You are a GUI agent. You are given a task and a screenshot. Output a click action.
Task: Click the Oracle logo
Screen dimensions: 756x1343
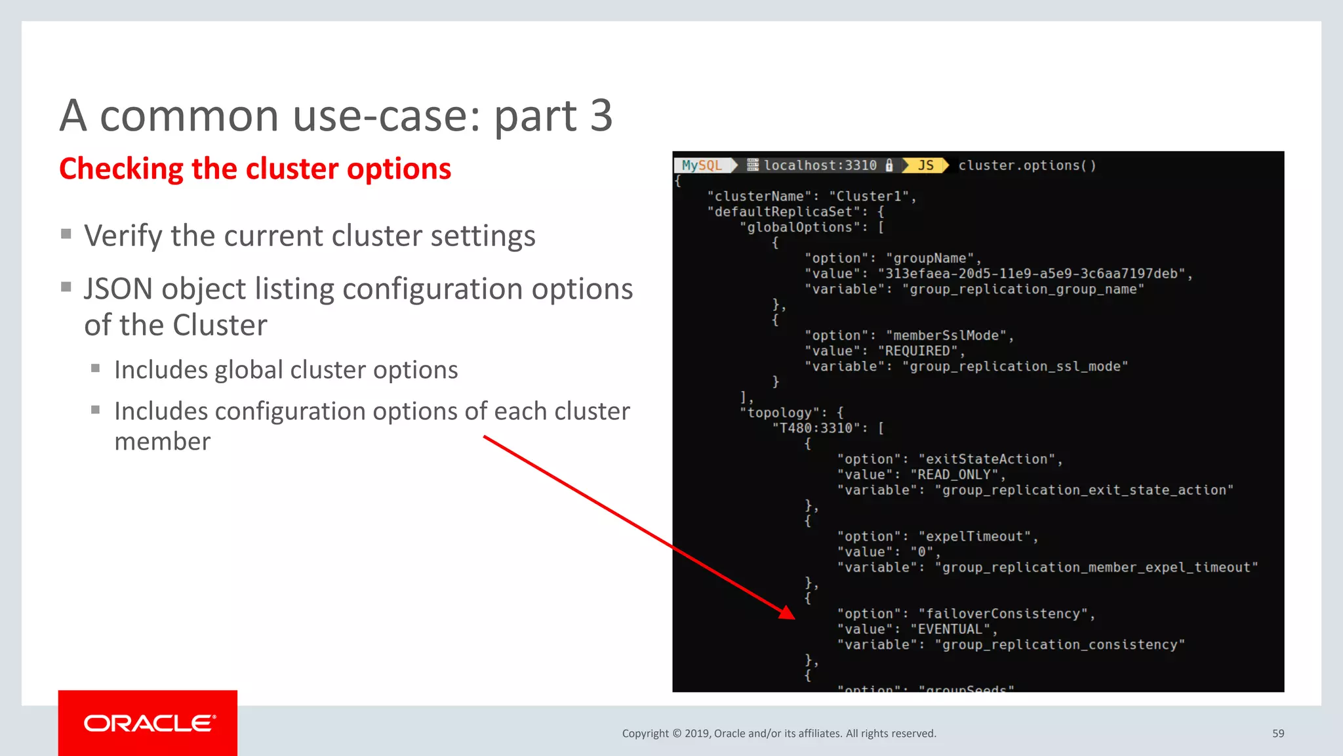point(148,723)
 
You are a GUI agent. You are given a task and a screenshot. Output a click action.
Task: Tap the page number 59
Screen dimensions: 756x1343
point(1278,734)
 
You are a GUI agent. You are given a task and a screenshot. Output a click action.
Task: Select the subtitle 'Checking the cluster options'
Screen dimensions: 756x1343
point(255,169)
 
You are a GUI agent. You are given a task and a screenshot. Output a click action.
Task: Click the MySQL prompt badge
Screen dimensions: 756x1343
point(702,165)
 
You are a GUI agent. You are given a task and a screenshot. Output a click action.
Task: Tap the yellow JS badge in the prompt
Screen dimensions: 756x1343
point(925,165)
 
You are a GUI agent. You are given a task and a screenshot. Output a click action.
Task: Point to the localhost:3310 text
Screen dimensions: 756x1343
point(820,165)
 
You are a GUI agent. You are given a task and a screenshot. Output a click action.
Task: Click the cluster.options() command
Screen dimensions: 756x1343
point(1027,165)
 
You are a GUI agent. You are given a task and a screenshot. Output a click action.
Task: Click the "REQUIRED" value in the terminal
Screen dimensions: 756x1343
point(917,351)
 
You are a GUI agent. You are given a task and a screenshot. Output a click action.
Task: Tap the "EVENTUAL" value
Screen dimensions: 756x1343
point(950,629)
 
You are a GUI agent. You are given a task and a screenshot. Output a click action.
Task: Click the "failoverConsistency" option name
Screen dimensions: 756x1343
point(1003,614)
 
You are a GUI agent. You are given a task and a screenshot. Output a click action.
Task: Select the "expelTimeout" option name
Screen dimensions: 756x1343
point(974,536)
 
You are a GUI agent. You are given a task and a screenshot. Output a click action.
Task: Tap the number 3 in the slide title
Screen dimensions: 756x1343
point(601,115)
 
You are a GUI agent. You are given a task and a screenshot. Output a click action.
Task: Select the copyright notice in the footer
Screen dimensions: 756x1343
point(779,734)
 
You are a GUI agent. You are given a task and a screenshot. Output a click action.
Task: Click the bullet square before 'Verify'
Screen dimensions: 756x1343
point(66,234)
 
